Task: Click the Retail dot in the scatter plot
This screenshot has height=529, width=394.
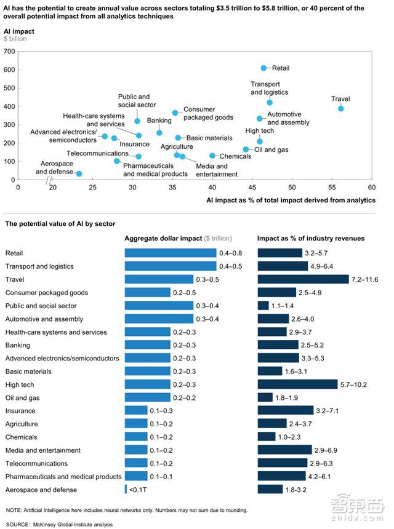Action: pyautogui.click(x=263, y=68)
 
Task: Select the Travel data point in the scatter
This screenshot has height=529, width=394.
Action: pyautogui.click(x=340, y=108)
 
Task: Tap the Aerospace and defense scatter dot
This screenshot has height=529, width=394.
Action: pyautogui.click(x=79, y=174)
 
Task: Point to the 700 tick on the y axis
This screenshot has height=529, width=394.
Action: pyautogui.click(x=10, y=51)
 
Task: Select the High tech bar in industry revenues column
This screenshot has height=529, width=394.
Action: pyautogui.click(x=297, y=384)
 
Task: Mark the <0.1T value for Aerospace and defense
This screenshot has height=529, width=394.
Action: pyautogui.click(x=138, y=490)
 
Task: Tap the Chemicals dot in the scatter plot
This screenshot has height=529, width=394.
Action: pyautogui.click(x=212, y=156)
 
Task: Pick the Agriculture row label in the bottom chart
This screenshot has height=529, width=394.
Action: pyautogui.click(x=22, y=424)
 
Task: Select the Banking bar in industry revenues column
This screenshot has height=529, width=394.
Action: pyautogui.click(x=278, y=345)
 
